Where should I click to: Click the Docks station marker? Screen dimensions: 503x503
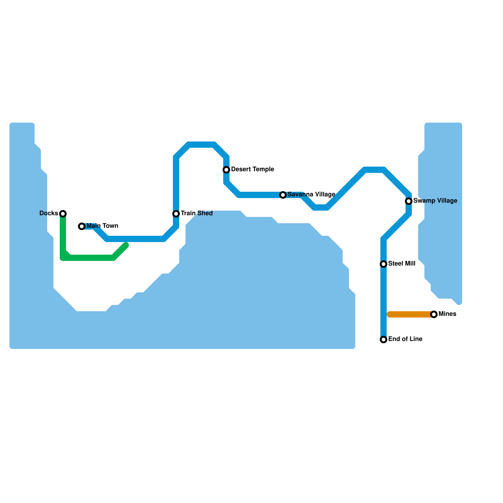[63, 214]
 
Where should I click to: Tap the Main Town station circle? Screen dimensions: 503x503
[82, 226]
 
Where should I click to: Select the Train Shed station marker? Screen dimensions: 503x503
[176, 214]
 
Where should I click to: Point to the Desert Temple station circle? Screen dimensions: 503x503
[226, 170]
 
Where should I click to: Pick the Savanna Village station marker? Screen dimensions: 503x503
[283, 195]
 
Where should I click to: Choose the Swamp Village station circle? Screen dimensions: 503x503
[409, 201]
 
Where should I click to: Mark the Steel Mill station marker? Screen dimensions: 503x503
[384, 264]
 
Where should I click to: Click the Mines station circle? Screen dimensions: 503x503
[434, 314]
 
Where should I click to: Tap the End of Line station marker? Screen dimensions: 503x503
[384, 340]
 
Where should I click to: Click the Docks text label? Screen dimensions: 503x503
[49, 213]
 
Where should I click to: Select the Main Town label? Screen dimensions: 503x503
[102, 226]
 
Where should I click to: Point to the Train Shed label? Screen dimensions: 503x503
[196, 213]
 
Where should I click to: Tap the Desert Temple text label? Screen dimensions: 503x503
[252, 169]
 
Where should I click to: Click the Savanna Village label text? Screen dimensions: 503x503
[311, 195]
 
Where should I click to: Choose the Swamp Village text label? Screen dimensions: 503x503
[435, 201]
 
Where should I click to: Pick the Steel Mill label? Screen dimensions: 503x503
[402, 264]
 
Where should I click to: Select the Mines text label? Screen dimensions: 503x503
[447, 314]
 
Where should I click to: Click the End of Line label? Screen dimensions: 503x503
[405, 339]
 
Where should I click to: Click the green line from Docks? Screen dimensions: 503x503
[88, 258]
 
